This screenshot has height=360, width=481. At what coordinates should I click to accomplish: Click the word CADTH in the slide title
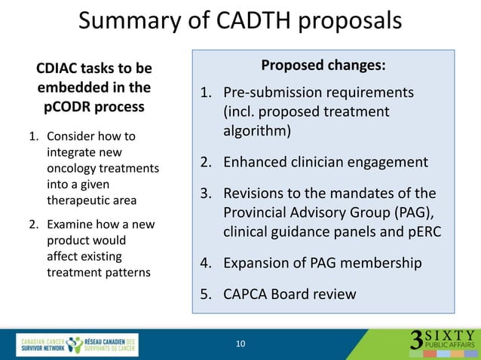tap(250, 20)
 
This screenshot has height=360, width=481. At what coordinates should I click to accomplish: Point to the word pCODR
tap(67, 106)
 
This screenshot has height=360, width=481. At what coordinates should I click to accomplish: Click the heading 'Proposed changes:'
tap(323, 66)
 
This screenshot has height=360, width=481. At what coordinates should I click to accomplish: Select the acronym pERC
tap(422, 232)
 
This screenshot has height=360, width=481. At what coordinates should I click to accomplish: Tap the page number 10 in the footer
tap(240, 344)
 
